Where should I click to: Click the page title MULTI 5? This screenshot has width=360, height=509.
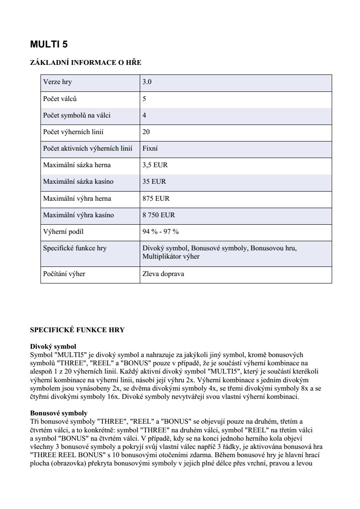click(x=49, y=44)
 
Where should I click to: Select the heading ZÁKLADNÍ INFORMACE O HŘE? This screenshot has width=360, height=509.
click(x=85, y=63)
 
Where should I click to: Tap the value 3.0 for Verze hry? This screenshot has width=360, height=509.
click(x=147, y=82)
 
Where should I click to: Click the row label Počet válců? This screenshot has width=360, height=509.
click(x=60, y=99)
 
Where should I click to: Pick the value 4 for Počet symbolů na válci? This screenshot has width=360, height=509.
click(x=145, y=115)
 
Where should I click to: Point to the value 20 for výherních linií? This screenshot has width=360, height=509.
click(x=146, y=132)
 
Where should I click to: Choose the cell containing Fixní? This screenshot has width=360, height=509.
click(x=150, y=148)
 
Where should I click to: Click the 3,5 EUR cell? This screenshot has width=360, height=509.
click(x=155, y=165)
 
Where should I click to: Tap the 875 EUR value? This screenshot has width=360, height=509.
click(x=156, y=199)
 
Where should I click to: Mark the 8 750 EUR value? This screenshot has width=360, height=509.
click(x=158, y=215)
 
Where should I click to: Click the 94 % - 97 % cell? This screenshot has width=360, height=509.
click(x=160, y=232)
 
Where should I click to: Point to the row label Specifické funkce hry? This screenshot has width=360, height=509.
click(x=75, y=248)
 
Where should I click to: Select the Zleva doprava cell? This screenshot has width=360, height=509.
click(x=163, y=274)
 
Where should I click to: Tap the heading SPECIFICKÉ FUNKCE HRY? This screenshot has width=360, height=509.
click(x=77, y=330)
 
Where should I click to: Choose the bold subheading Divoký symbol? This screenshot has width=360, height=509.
click(x=53, y=347)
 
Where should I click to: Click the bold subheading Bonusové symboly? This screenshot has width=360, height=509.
click(x=59, y=413)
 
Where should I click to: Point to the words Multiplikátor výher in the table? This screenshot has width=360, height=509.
click(x=171, y=256)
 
